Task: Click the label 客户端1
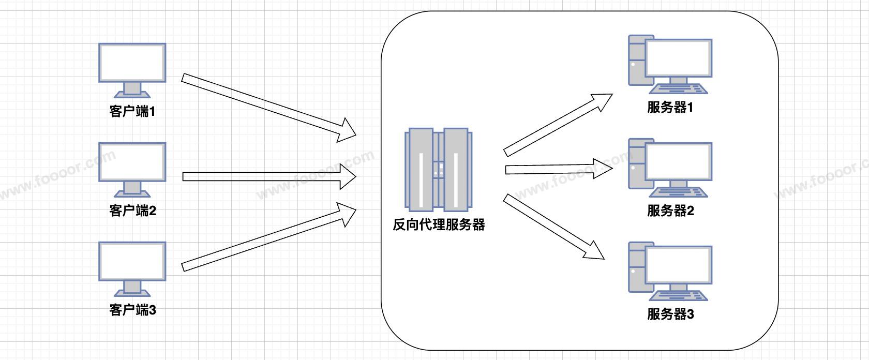click(x=132, y=111)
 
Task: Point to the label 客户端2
click(x=132, y=211)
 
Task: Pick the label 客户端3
click(x=132, y=310)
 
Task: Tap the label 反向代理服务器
click(x=439, y=225)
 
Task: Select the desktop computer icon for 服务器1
click(x=670, y=64)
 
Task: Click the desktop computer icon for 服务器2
click(x=670, y=168)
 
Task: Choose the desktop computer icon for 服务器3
click(x=670, y=271)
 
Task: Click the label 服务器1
click(x=670, y=108)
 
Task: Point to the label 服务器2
click(x=670, y=211)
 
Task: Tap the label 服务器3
click(x=670, y=314)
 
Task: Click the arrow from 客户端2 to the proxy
click(x=269, y=177)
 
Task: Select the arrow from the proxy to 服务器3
click(x=553, y=227)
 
